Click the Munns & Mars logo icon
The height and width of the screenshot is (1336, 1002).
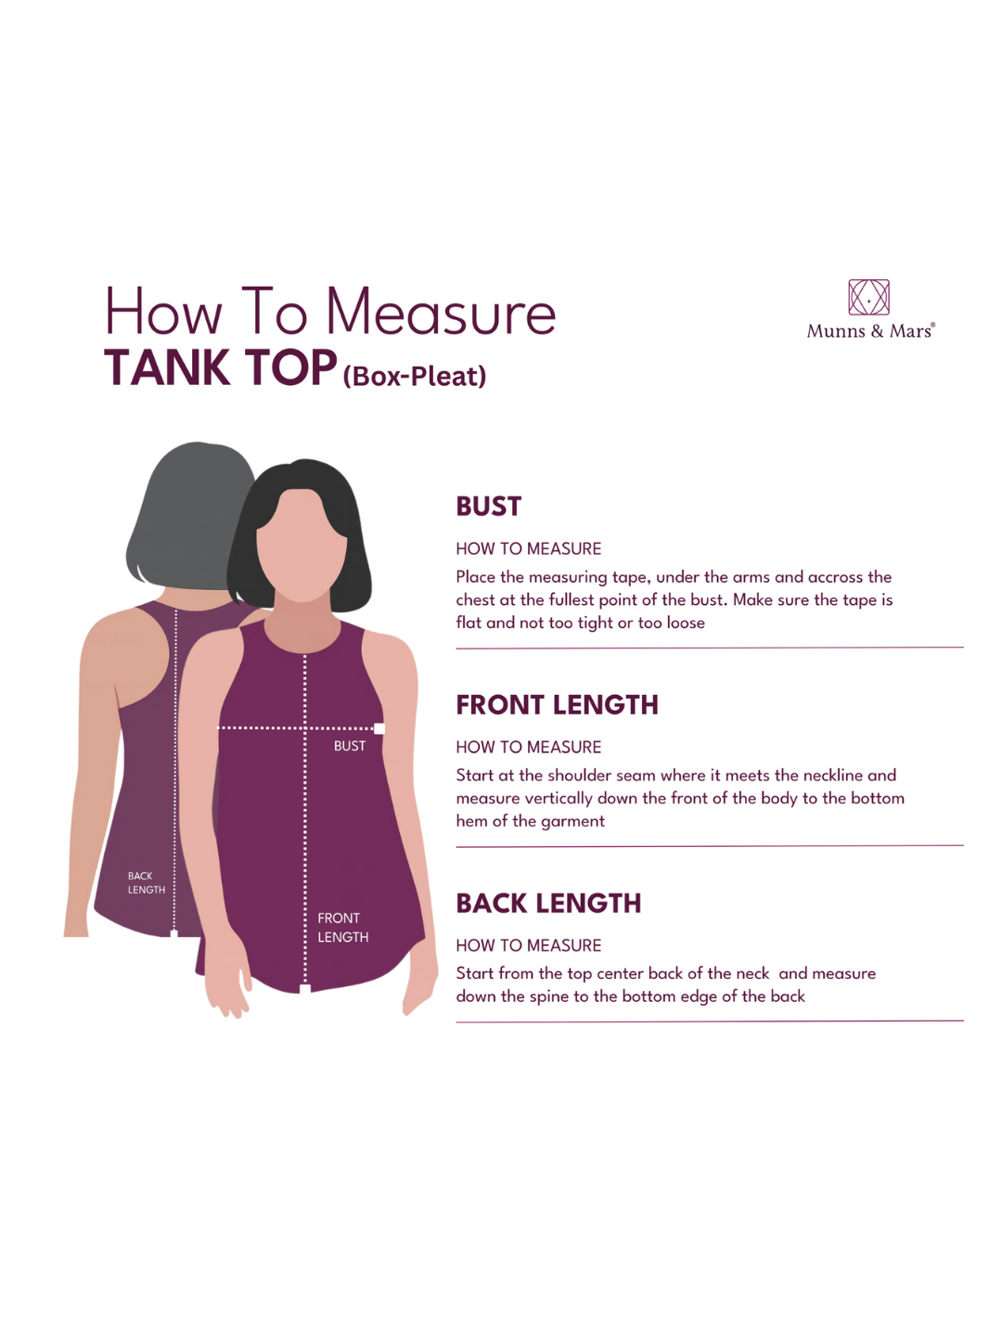coord(868,297)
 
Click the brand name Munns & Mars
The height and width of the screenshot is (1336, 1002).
coord(870,330)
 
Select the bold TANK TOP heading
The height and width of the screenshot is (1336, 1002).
coord(220,367)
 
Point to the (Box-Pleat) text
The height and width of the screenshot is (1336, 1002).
coord(415,376)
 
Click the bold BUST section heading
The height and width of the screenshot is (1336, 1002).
coord(489,507)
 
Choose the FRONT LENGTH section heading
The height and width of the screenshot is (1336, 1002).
coord(558,705)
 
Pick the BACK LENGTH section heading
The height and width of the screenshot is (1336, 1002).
coord(548,904)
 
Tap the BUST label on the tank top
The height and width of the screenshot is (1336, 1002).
coord(350,746)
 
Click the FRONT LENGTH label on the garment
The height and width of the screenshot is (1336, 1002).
coord(342,927)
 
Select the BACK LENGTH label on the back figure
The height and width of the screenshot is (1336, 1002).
coord(146,882)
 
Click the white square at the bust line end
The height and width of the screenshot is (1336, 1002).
coord(379,728)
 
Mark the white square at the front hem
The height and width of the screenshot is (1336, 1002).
coord(305,988)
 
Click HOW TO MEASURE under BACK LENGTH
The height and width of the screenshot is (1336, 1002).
coord(529,945)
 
